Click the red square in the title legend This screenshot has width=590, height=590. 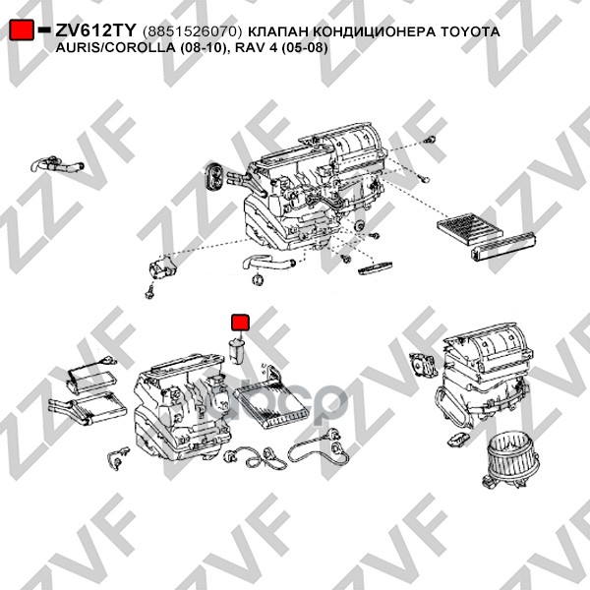click(22, 29)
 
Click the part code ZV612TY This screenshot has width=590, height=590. click(95, 30)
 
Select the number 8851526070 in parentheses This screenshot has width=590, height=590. click(192, 31)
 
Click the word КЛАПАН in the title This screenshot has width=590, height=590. click(278, 31)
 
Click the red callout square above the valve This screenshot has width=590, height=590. click(240, 323)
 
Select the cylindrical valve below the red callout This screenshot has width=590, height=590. click(237, 351)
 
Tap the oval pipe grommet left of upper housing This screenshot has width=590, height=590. click(214, 176)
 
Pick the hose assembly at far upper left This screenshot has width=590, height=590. click(57, 164)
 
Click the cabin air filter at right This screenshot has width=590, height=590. click(469, 227)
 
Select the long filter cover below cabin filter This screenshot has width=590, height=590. click(502, 245)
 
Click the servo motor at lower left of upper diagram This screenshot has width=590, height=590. click(162, 266)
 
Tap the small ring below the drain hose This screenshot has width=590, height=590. click(258, 279)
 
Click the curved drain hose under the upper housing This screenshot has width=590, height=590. click(268, 263)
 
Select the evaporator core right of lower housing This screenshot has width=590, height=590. click(271, 403)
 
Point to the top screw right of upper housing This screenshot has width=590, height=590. click(430, 140)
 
